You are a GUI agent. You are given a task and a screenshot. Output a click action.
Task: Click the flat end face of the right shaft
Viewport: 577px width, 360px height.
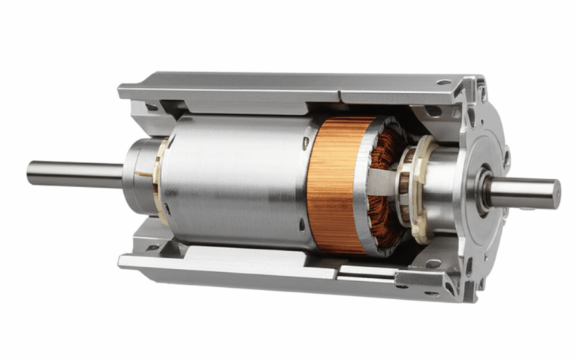click(x=555, y=195)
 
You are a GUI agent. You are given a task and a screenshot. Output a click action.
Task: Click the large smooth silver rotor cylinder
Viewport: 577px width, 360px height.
click(x=233, y=180)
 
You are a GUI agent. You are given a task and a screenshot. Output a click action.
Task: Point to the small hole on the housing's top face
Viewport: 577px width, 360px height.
click(x=443, y=82)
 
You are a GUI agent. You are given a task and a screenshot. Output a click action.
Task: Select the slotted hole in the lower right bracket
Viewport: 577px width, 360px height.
click(x=434, y=264)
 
